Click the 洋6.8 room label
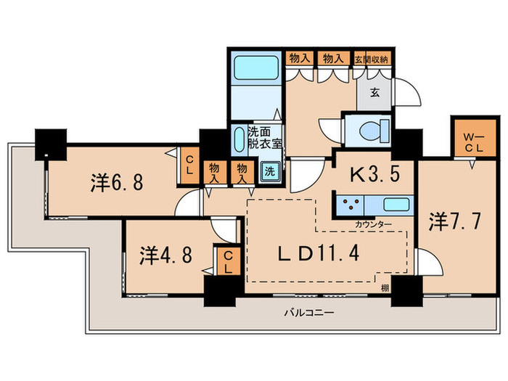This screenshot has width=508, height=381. click(x=117, y=182)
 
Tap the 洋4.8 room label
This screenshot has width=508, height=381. click(x=165, y=256)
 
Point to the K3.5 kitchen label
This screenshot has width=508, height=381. click(x=372, y=174)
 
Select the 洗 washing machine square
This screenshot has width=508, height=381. click(x=269, y=173)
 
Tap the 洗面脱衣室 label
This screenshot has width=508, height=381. click(x=261, y=137)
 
